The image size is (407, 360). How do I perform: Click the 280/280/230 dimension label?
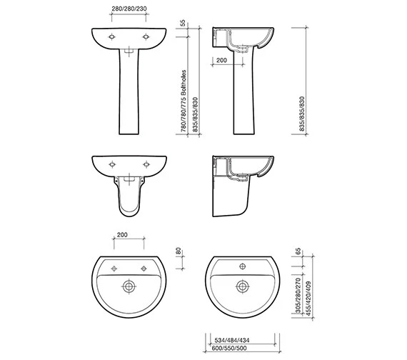(129, 9)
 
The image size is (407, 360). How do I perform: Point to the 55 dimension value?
(183, 23)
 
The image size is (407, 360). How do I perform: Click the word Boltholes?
(184, 83)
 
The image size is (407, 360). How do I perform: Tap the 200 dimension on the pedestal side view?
(221, 60)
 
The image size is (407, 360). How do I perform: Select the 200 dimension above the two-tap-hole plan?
(122, 235)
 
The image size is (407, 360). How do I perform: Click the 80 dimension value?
(179, 251)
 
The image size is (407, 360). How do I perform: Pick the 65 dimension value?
(298, 251)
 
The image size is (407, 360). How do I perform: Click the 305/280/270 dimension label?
(298, 295)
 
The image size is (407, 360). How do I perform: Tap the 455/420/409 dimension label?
(308, 299)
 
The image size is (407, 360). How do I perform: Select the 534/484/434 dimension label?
(232, 340)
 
